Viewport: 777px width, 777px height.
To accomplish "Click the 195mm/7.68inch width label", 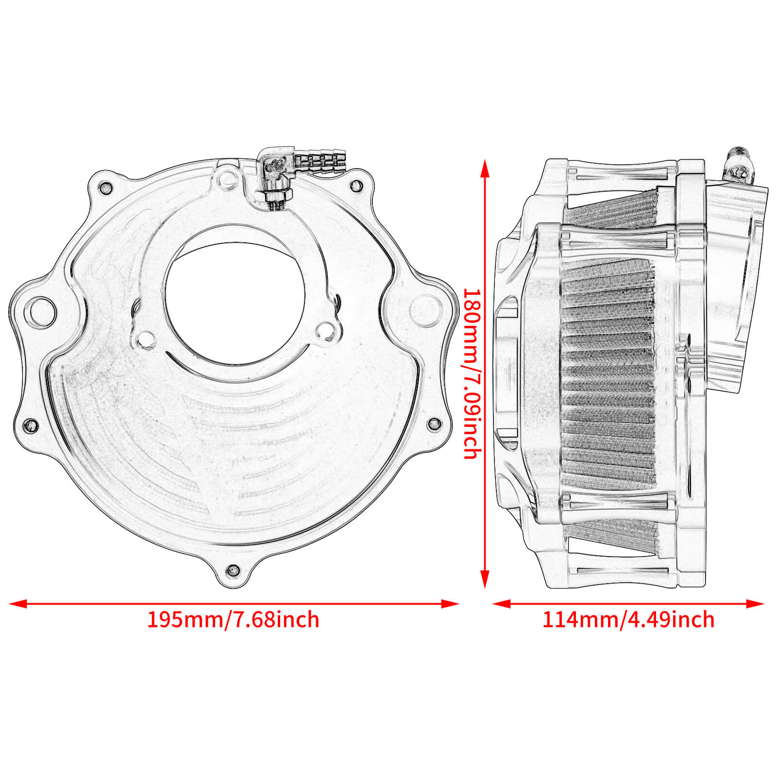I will [x=233, y=620].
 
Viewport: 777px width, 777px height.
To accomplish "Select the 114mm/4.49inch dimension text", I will [x=628, y=620].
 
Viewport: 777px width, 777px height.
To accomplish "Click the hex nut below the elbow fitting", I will [x=278, y=196].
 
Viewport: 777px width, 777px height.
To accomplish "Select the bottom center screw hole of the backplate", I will [x=233, y=570].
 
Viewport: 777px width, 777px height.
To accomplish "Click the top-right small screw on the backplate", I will [x=356, y=185].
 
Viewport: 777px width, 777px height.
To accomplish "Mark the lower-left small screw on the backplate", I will [x=31, y=424].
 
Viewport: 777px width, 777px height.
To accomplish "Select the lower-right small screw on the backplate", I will [x=434, y=424].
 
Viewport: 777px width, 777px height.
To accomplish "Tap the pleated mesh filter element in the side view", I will [x=607, y=374].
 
